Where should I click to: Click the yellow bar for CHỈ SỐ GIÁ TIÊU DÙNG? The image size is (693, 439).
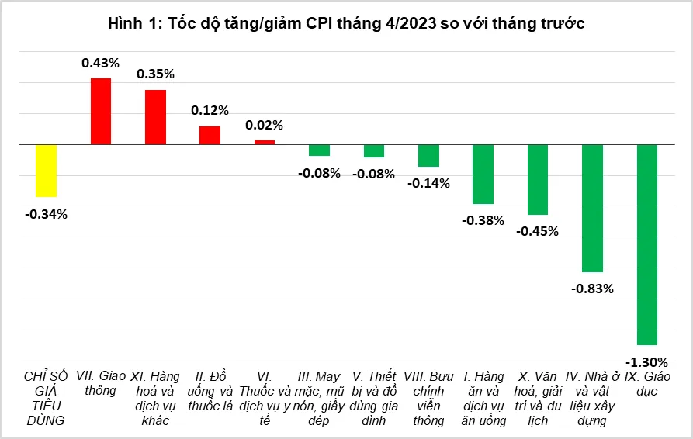[46, 171]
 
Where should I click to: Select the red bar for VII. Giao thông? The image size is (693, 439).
[101, 111]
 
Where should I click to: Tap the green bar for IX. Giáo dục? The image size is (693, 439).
[647, 244]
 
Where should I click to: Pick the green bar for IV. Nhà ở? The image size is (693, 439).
[592, 208]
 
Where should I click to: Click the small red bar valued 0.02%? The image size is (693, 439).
[265, 142]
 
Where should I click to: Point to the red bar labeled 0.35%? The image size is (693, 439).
[155, 117]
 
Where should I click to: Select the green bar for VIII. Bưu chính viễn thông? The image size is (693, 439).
[428, 156]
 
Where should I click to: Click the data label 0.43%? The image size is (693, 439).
[101, 62]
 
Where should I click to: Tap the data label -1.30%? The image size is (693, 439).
[646, 361]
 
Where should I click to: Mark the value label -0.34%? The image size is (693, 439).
[46, 213]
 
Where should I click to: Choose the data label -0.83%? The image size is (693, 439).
[592, 289]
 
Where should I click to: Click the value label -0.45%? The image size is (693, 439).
[537, 231]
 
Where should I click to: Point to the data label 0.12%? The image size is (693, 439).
[210, 110]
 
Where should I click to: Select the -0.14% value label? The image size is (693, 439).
[428, 183]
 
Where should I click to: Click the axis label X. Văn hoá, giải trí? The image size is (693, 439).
[538, 398]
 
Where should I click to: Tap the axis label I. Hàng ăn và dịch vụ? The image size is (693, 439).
[483, 398]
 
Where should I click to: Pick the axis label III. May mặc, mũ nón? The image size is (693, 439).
[319, 398]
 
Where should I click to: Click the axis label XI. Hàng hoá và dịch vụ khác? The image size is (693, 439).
[155, 398]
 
